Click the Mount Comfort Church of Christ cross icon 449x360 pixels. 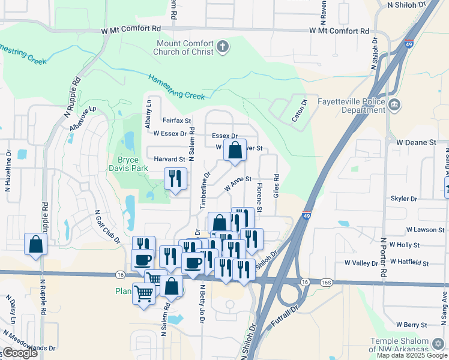click(223, 47)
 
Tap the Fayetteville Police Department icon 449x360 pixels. click(395, 106)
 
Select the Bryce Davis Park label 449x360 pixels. click(128, 164)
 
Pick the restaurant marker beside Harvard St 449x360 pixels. click(175, 179)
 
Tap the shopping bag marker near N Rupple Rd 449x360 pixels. click(35, 245)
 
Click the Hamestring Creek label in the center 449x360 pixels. click(176, 86)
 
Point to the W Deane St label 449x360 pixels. click(415, 142)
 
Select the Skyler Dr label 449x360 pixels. click(403, 199)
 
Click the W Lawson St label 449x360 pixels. click(425, 230)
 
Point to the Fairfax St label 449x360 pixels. click(176, 121)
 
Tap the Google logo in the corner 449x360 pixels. click(20, 353)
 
